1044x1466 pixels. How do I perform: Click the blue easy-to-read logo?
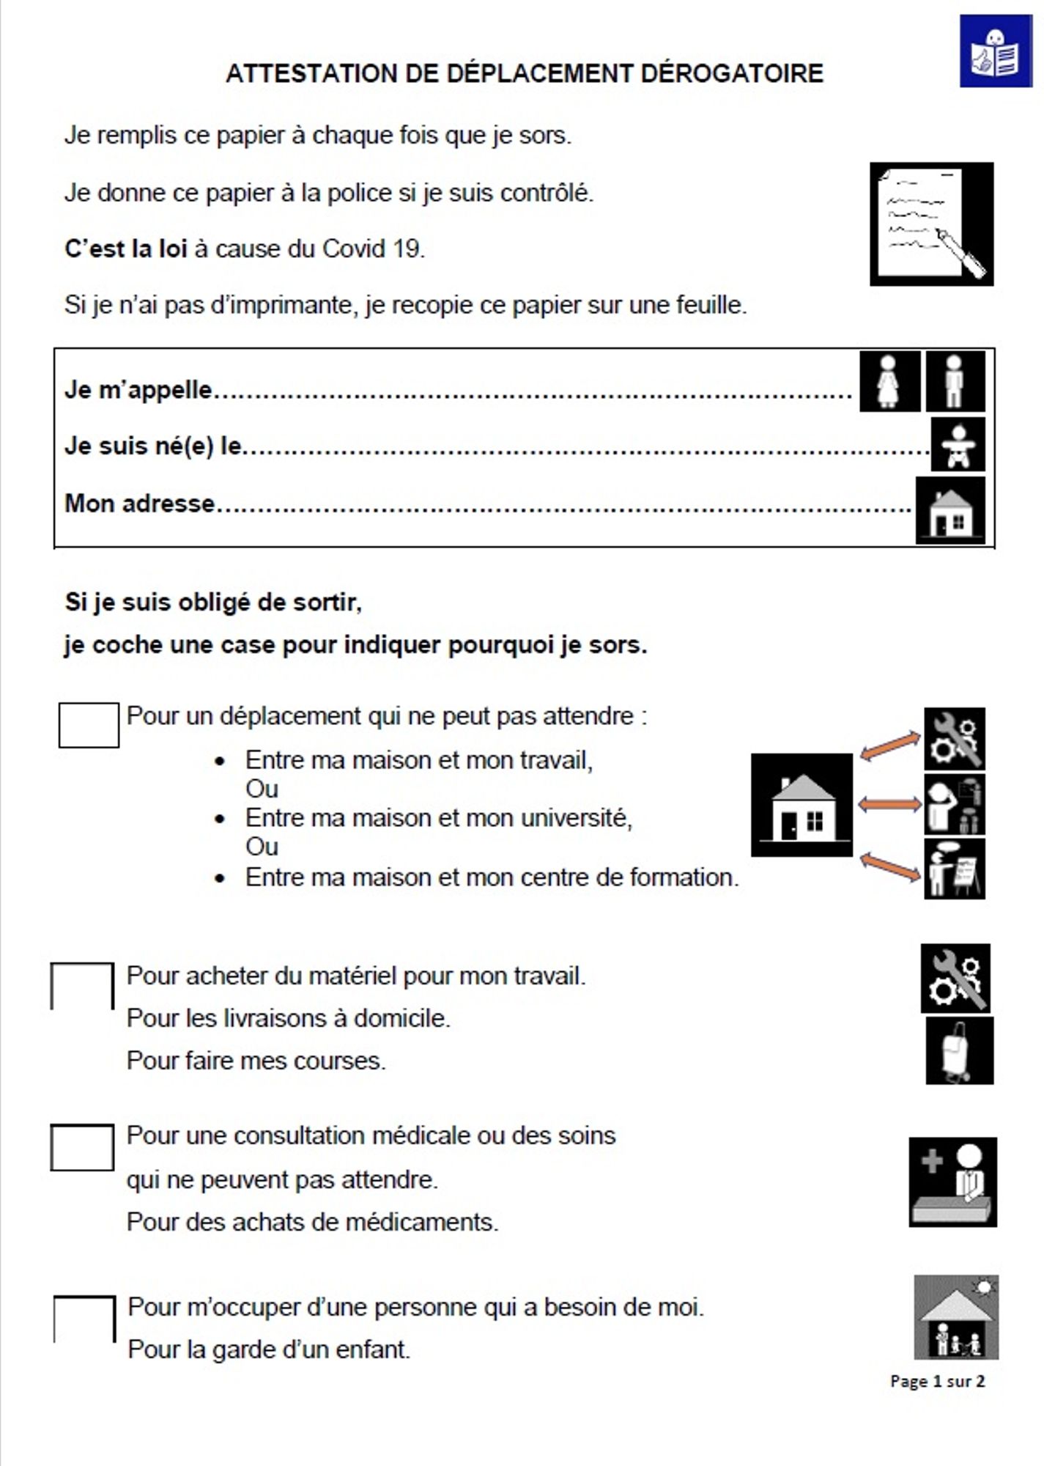tap(995, 51)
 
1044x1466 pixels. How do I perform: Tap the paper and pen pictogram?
tap(931, 224)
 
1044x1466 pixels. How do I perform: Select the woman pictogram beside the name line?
tap(889, 381)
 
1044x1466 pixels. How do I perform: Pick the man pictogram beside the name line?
tap(955, 381)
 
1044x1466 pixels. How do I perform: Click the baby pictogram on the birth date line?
tap(958, 444)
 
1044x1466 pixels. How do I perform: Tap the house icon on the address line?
tap(950, 510)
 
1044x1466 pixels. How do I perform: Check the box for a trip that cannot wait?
tap(89, 725)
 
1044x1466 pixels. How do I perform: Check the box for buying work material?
tap(82, 986)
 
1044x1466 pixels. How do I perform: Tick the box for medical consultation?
tap(82, 1147)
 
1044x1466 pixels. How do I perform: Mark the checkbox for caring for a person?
tap(84, 1319)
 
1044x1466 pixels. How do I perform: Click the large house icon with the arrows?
tap(801, 805)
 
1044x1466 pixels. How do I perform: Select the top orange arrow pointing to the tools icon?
tap(890, 745)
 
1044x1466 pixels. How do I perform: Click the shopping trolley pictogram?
tap(959, 1050)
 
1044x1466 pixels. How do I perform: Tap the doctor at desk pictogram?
tap(952, 1182)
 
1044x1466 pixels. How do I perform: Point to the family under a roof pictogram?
tap(956, 1318)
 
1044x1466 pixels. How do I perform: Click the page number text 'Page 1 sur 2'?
tap(937, 1382)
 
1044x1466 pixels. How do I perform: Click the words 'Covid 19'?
tap(371, 249)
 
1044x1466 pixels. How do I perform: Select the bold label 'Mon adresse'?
tap(139, 504)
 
